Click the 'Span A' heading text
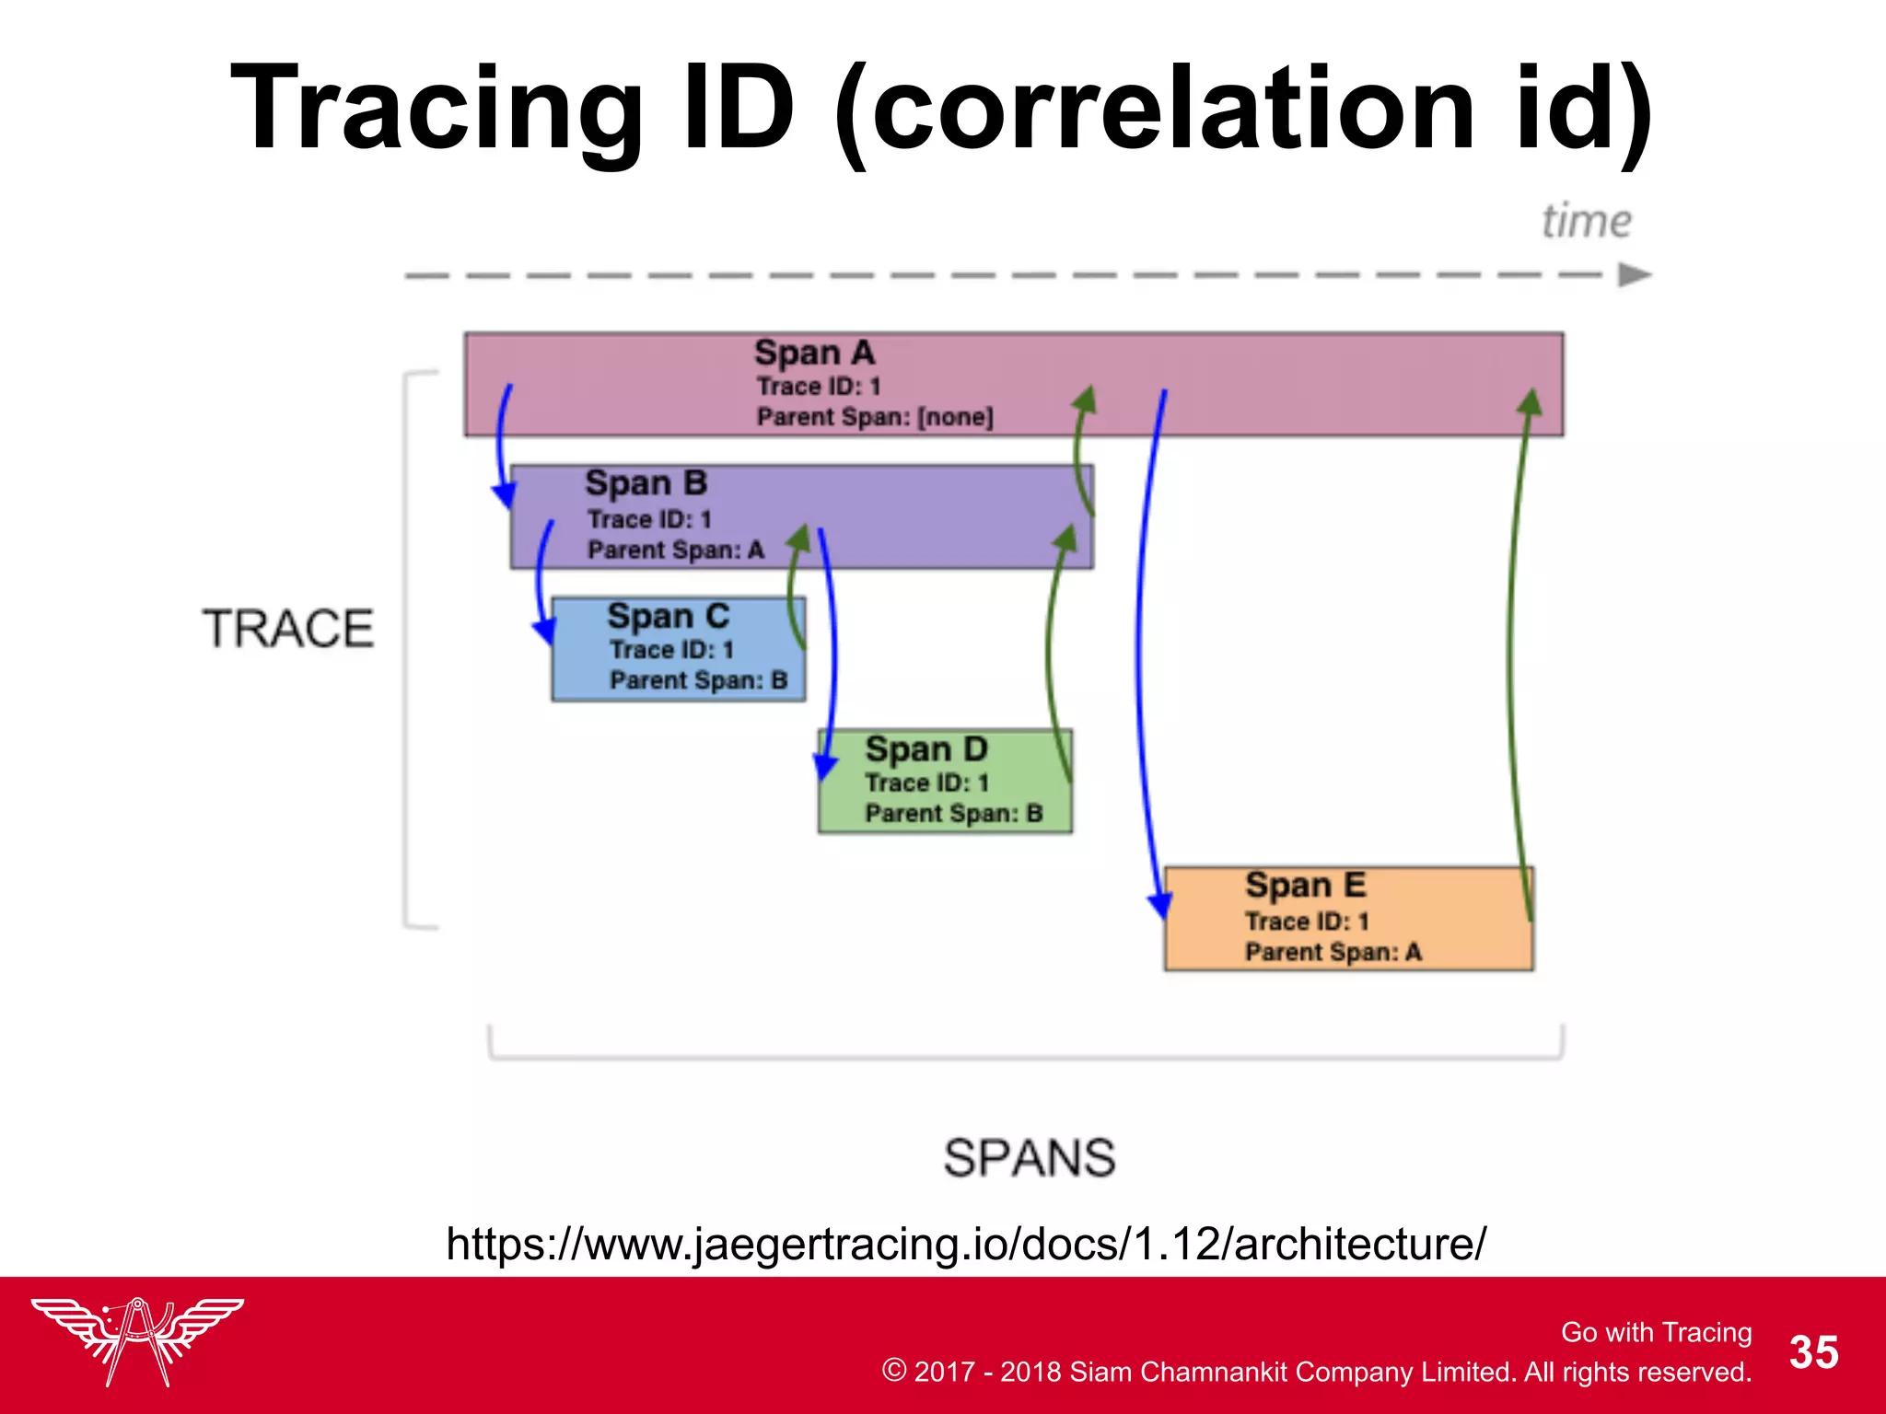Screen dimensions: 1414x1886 tap(814, 353)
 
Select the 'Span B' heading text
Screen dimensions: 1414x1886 tap(646, 483)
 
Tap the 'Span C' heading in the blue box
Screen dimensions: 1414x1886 tap(668, 616)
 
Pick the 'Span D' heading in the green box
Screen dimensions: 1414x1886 tap(926, 748)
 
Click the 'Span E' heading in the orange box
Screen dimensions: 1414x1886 tap(1305, 885)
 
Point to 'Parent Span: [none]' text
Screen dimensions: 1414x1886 tap(875, 417)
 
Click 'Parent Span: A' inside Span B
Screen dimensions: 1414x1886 tap(676, 551)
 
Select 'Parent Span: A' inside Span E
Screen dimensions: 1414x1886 tap(1333, 952)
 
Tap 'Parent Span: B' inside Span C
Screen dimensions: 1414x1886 tap(698, 680)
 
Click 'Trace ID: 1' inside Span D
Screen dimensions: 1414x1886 tap(926, 782)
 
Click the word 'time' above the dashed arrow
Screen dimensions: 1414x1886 tap(1586, 222)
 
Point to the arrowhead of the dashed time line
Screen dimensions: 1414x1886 tap(1635, 274)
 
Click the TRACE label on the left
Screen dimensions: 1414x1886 tap(288, 629)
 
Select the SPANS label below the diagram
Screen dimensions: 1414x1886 tap(1029, 1157)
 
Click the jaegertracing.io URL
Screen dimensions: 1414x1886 tap(965, 1244)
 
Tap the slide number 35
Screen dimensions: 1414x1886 tap(1813, 1352)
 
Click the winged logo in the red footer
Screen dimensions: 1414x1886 tap(137, 1339)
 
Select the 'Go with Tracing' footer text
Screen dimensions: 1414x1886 tap(1656, 1332)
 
